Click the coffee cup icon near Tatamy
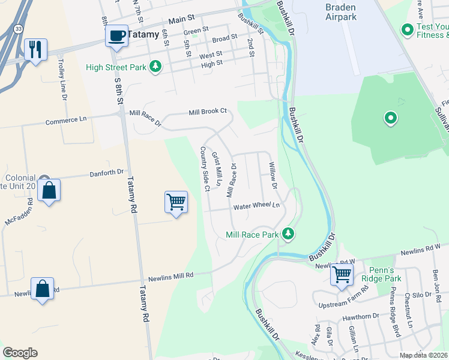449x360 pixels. (x=117, y=35)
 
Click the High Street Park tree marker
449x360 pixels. (x=155, y=67)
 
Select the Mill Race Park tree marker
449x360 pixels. (x=288, y=233)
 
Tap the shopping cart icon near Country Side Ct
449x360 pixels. (x=176, y=202)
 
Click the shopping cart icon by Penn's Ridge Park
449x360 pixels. (x=342, y=275)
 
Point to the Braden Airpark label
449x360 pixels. (x=341, y=12)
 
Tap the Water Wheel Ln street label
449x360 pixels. (x=257, y=206)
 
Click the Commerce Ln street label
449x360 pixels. (x=66, y=120)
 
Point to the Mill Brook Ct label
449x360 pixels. (x=208, y=112)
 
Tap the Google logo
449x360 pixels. (x=20, y=353)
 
